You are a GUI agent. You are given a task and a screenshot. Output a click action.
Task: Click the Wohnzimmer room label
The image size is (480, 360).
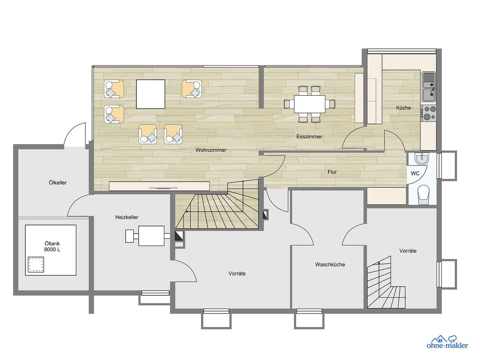(211, 150)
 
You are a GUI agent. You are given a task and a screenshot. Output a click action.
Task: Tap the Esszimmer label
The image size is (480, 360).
(309, 136)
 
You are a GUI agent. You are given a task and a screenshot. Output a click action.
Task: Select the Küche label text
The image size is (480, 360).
(403, 108)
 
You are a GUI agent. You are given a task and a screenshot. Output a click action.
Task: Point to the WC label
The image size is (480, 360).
(415, 173)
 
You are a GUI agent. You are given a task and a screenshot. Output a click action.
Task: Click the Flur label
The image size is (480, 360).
(332, 172)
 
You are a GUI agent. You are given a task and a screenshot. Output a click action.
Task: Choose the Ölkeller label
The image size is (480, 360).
(58, 182)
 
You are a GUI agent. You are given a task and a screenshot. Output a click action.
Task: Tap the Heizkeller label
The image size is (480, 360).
(127, 217)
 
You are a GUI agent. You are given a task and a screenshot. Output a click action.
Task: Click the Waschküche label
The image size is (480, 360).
(330, 264)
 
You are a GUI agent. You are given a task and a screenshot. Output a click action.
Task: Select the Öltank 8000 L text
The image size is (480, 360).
(52, 246)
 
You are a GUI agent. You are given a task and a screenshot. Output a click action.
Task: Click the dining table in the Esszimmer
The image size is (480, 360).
(309, 104)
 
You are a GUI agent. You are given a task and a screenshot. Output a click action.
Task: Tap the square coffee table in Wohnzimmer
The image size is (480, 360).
(150, 94)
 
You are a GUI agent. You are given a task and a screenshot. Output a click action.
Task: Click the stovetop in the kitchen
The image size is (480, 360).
(428, 112)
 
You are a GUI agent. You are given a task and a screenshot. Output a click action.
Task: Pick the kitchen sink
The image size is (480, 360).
(429, 87)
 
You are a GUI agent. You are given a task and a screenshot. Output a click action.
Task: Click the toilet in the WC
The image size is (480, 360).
(423, 194)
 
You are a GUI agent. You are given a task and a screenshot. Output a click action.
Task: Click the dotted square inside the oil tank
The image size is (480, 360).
(36, 265)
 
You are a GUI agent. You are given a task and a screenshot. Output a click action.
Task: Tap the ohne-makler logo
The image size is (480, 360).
(447, 342)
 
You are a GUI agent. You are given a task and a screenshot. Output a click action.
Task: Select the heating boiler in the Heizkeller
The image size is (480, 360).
(151, 236)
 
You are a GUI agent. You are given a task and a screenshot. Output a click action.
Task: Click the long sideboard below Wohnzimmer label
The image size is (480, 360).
(159, 186)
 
